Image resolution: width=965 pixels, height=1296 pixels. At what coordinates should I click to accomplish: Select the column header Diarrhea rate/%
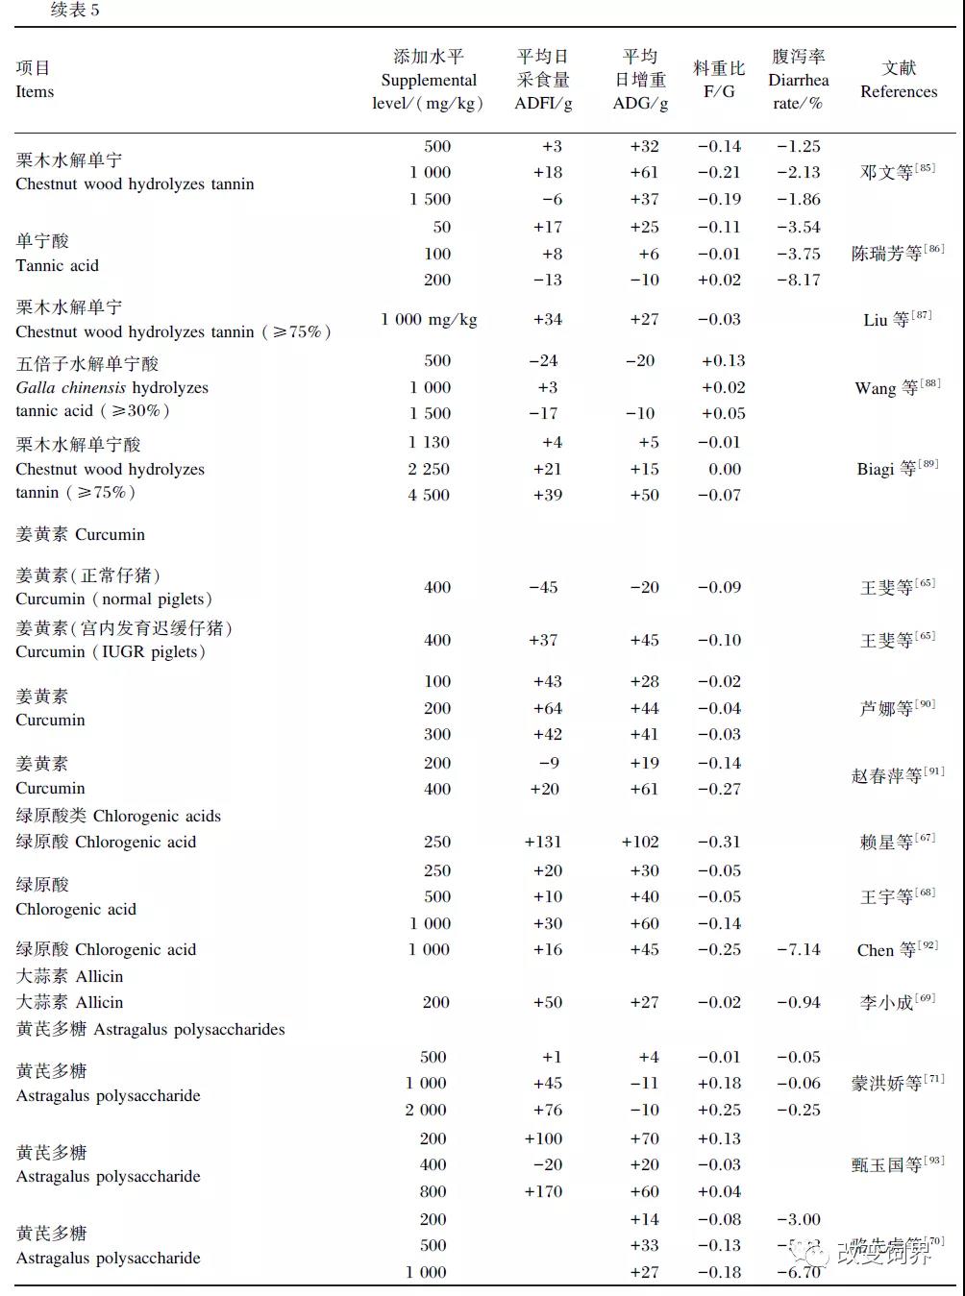[798, 81]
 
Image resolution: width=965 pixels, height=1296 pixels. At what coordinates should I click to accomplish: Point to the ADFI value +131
[543, 843]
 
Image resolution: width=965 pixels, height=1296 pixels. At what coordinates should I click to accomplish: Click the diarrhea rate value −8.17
[799, 281]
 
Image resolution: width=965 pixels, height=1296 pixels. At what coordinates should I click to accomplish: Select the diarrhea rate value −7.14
[799, 950]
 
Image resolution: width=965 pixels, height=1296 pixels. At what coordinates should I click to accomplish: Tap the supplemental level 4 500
[429, 496]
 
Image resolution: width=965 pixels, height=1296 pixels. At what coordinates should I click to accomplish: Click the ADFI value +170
[543, 1192]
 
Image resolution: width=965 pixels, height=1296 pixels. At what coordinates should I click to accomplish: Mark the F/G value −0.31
[719, 843]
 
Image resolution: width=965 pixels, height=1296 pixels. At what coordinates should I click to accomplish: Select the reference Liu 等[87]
[897, 320]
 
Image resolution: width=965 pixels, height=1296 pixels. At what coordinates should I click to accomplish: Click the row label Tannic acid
[57, 266]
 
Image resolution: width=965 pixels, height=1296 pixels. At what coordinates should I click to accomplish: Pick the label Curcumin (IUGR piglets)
[111, 652]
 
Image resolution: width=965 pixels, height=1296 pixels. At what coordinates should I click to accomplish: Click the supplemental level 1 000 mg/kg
[429, 320]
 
